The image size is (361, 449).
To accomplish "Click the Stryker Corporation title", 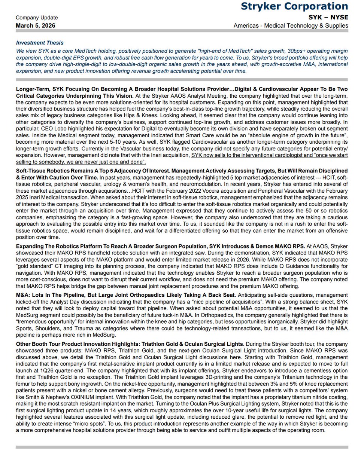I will point(294,6).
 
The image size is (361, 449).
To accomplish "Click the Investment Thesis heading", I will point(40,43).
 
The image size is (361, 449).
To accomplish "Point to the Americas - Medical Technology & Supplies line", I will point(291,25).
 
